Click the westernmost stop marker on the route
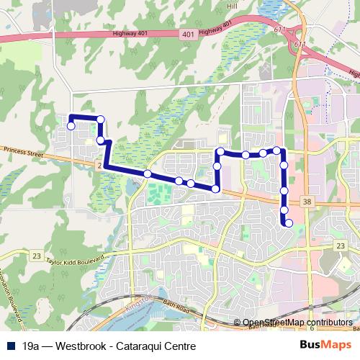71,126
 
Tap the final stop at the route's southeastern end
289,223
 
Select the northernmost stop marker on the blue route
101,120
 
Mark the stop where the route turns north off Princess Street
215,189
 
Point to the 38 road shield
309,204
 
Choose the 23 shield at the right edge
341,246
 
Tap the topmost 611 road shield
279,29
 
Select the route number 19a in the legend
30,346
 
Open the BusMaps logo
329,345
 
